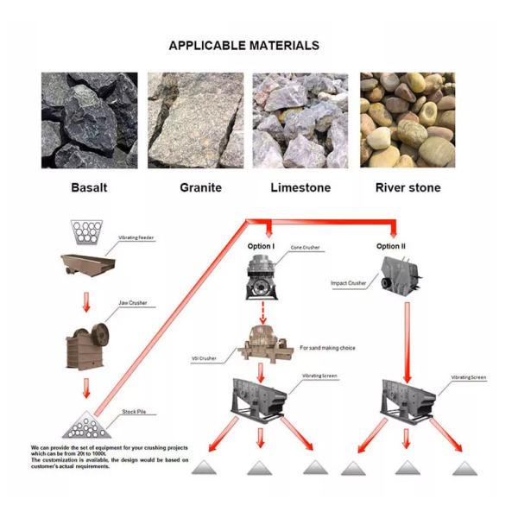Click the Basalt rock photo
coord(89,120)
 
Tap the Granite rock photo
coord(195,120)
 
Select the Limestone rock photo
coord(300,120)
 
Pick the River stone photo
coord(407,120)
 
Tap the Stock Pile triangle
coord(85,424)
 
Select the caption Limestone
coord(300,187)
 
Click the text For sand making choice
coord(327,348)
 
